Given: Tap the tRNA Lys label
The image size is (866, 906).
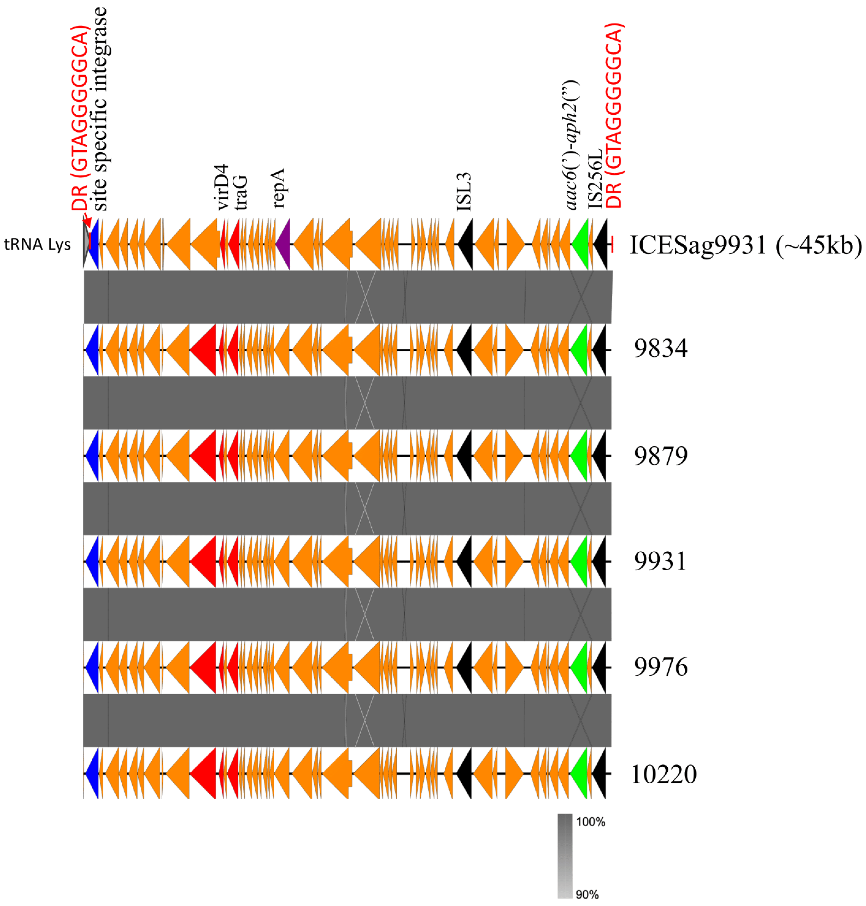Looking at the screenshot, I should [x=37, y=244].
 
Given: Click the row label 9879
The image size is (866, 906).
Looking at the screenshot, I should [x=661, y=456].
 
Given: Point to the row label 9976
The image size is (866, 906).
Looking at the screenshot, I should [x=661, y=667].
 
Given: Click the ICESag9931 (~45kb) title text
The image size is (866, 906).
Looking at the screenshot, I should [x=745, y=245].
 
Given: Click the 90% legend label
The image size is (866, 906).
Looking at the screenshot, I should [x=587, y=894].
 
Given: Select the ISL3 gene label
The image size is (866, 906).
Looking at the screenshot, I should [x=464, y=192].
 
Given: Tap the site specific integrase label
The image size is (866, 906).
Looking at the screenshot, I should [x=100, y=109].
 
